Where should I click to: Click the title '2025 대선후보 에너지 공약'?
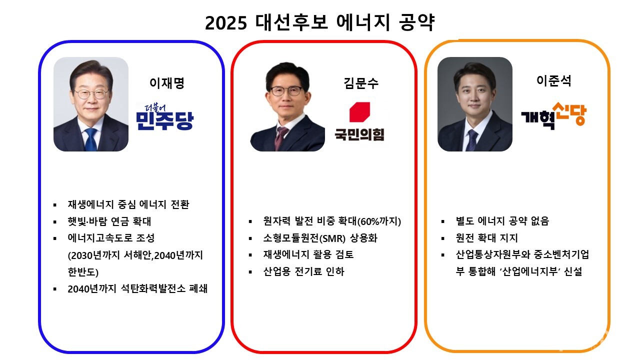pyautogui.click(x=319, y=23)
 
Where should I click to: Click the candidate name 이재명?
pyautogui.click(x=167, y=83)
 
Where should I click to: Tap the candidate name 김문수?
pyautogui.click(x=361, y=83)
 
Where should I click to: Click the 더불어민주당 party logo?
pyautogui.click(x=164, y=116)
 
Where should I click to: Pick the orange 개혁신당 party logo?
pyautogui.click(x=553, y=115)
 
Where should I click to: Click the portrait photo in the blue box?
pyautogui.click(x=91, y=104)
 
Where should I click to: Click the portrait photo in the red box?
pyautogui.click(x=287, y=107)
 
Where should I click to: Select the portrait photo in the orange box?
pyautogui.click(x=474, y=104)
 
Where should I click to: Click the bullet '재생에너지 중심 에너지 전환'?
pyautogui.click(x=128, y=204)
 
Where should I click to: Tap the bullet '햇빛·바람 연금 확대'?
pyautogui.click(x=109, y=221)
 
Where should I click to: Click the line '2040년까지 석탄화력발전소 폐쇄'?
pyautogui.click(x=137, y=289)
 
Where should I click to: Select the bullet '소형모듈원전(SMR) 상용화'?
pyautogui.click(x=320, y=238)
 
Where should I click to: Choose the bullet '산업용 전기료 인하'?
pyautogui.click(x=303, y=272)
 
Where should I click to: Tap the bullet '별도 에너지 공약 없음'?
pyautogui.click(x=502, y=221)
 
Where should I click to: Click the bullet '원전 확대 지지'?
pyautogui.click(x=486, y=238)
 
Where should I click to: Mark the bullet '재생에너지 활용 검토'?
pyautogui.click(x=308, y=255)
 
